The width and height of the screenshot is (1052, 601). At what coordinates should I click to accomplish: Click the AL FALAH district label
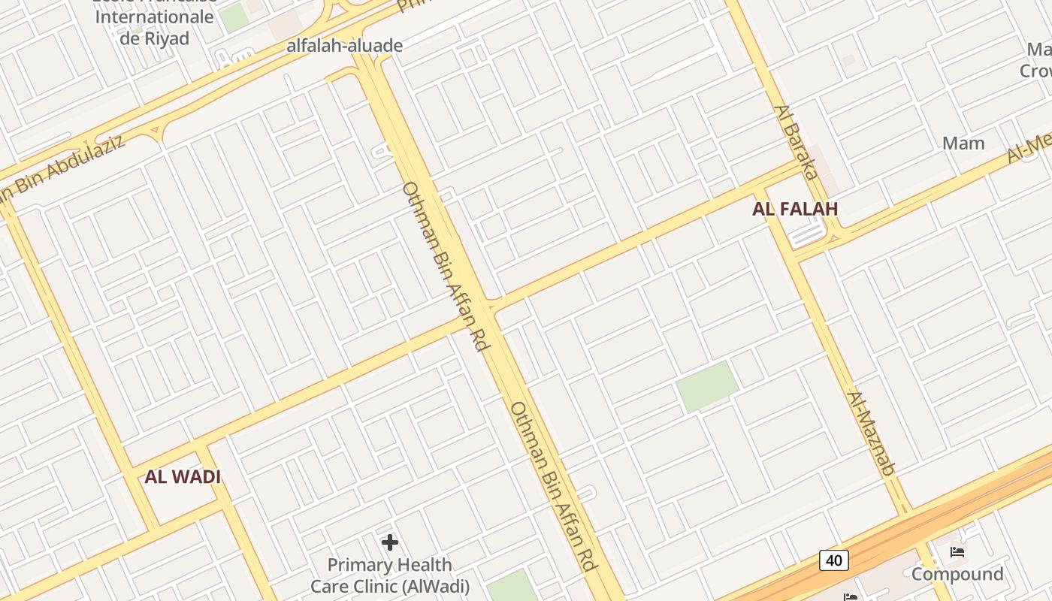(794, 210)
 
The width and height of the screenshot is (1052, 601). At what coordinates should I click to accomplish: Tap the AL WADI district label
(183, 477)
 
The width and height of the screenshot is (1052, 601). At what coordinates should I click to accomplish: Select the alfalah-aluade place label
(345, 46)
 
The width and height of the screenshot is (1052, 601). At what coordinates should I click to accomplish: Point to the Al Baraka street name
(796, 142)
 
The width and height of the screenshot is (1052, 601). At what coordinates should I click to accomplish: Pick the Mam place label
(963, 143)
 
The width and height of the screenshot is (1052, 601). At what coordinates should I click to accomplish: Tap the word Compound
(957, 575)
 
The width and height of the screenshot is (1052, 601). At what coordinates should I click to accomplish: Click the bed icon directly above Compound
(957, 553)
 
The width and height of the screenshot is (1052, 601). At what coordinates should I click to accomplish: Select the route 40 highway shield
(834, 560)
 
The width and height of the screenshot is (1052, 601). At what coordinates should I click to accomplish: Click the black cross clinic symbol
(389, 542)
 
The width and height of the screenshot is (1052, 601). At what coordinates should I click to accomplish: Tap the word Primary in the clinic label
(358, 565)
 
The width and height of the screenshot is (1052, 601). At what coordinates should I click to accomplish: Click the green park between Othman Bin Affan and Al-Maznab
(706, 386)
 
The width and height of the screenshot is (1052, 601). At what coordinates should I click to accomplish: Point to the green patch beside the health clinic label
(512, 587)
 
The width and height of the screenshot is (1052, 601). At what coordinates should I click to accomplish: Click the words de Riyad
(154, 38)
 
